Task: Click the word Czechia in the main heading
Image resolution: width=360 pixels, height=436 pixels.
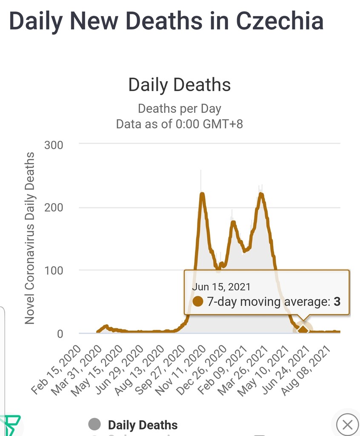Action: click(x=279, y=21)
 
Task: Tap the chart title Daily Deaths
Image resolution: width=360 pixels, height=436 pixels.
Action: click(x=180, y=85)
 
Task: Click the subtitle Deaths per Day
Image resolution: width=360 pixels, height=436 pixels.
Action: click(x=180, y=109)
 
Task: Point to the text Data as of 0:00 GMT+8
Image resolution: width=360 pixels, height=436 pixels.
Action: click(x=180, y=124)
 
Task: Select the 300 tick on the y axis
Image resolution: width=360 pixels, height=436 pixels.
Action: click(x=54, y=145)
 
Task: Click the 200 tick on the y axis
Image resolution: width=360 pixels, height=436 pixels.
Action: click(x=54, y=208)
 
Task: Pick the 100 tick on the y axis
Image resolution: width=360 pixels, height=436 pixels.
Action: click(x=54, y=270)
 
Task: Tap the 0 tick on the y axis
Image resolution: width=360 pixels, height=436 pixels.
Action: click(x=60, y=333)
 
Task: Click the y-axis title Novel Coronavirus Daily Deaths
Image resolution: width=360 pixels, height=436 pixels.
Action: click(x=29, y=238)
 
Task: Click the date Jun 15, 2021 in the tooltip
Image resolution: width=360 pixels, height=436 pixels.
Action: click(x=221, y=287)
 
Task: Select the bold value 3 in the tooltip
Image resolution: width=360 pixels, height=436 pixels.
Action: click(x=337, y=302)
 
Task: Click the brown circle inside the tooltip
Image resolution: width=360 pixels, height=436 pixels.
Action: click(x=198, y=302)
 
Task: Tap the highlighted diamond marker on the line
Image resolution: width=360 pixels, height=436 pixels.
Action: click(x=303, y=330)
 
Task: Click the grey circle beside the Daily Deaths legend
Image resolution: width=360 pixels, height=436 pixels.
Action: click(x=94, y=424)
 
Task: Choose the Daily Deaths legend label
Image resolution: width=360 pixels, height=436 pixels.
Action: click(x=143, y=425)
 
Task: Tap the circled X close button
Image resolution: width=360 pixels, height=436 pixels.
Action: click(x=347, y=425)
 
